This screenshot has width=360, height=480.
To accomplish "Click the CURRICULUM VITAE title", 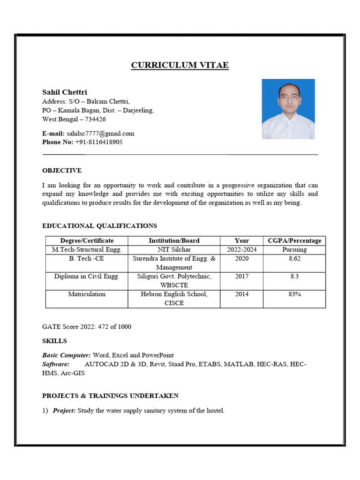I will [x=180, y=65].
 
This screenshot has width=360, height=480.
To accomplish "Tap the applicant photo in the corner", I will [x=288, y=109].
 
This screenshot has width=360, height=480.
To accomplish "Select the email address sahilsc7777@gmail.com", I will [x=100, y=134].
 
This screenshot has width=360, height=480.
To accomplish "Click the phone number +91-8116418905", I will [x=98, y=142].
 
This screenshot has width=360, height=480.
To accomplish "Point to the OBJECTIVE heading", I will [x=62, y=171].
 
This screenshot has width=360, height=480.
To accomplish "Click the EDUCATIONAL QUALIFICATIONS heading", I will [x=99, y=226].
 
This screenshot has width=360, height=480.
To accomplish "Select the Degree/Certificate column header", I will [x=87, y=240].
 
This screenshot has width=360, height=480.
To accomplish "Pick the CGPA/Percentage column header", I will [x=294, y=240].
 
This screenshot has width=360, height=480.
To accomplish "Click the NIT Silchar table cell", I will [x=174, y=249].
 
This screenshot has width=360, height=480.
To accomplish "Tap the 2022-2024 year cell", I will [x=242, y=249].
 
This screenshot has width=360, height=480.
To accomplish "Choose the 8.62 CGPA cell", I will [x=294, y=258].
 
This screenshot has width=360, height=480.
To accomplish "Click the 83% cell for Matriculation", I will [x=294, y=294].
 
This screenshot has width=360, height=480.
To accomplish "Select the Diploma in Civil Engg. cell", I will [x=87, y=277].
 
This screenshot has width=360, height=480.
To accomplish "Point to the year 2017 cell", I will [x=242, y=277].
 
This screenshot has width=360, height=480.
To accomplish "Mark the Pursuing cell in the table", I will [x=294, y=249].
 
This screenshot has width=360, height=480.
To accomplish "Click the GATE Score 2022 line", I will [x=87, y=327].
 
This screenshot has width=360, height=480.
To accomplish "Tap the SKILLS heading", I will [x=54, y=341].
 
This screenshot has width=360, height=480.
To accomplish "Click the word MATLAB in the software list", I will [x=240, y=364].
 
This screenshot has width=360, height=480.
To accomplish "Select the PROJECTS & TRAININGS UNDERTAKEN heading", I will [x=110, y=396].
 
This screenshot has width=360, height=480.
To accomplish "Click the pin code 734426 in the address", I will [x=95, y=119].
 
